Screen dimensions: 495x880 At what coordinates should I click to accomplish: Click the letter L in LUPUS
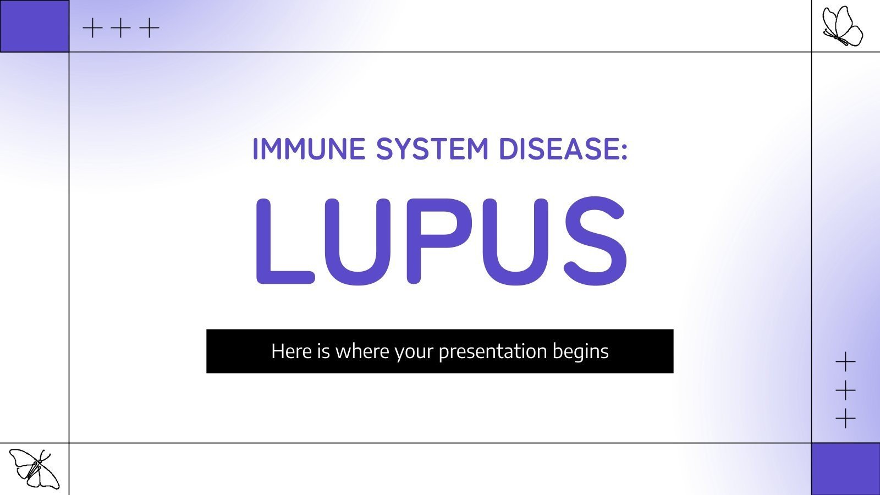[283, 242]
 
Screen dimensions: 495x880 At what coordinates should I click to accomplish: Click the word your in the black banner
[414, 352]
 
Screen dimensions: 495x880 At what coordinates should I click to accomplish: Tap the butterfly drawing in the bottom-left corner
[34, 468]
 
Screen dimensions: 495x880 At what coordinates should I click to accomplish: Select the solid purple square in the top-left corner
[34, 26]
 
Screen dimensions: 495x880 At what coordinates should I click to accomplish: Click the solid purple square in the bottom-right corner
[845, 469]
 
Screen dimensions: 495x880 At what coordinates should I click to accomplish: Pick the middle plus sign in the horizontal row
[120, 28]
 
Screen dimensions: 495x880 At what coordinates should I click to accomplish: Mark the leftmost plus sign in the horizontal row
[92, 28]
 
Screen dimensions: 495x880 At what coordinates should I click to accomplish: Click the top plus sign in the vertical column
[845, 362]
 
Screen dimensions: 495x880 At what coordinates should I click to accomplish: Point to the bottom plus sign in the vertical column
[845, 420]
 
